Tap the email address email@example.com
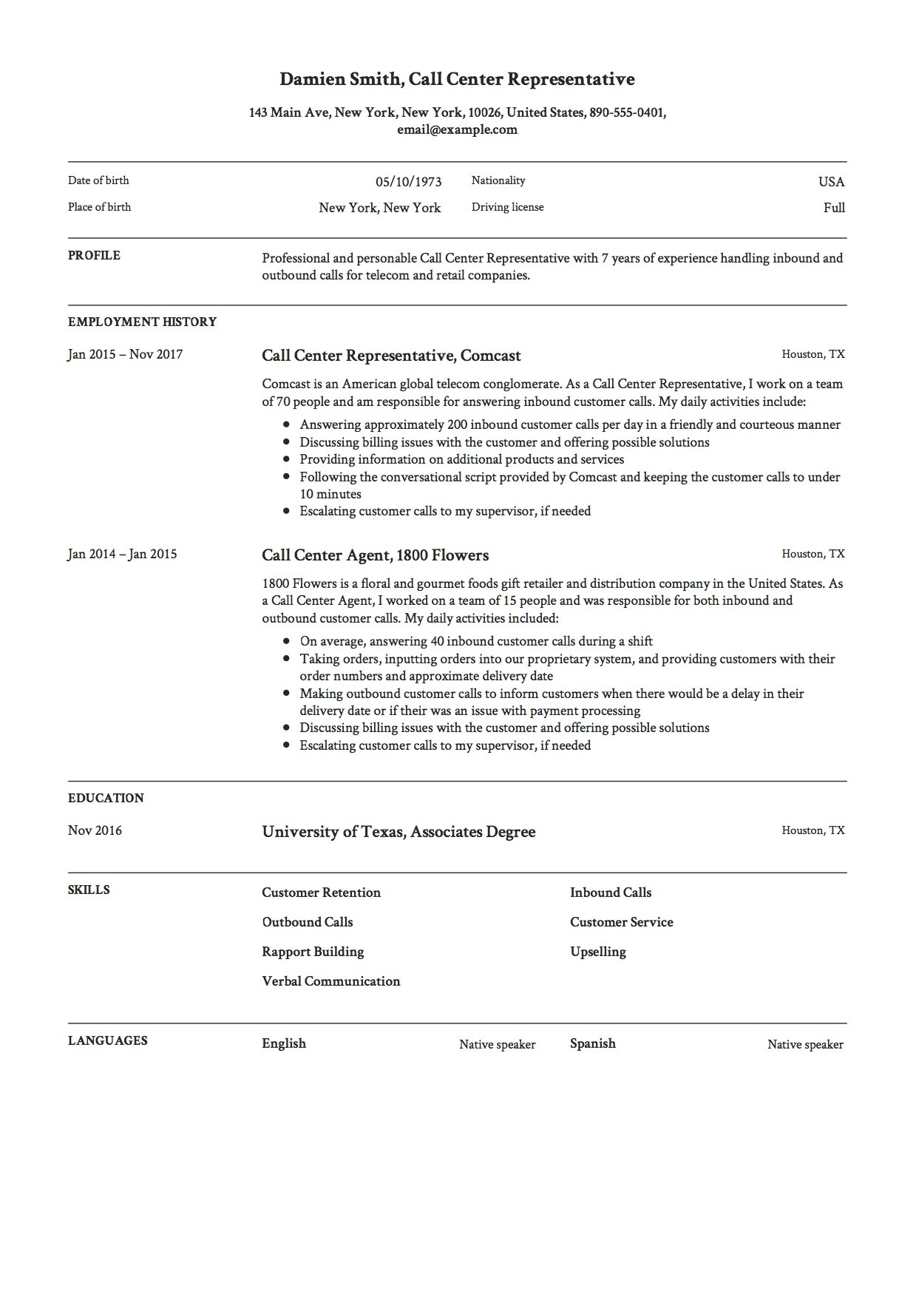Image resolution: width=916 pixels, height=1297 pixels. (x=457, y=129)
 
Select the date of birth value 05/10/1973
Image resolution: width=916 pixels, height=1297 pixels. (x=408, y=182)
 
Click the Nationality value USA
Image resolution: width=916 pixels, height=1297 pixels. (x=831, y=182)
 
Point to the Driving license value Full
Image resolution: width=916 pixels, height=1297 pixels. (x=834, y=208)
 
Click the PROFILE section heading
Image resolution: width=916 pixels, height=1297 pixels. (x=94, y=255)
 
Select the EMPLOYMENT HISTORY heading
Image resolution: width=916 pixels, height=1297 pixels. (x=142, y=322)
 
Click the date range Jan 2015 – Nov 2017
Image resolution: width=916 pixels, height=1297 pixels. (x=125, y=354)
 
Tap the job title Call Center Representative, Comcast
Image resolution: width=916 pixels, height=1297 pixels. (x=391, y=356)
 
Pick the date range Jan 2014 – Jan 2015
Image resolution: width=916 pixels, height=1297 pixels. (x=122, y=554)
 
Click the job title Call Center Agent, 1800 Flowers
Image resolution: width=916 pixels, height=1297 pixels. (x=375, y=555)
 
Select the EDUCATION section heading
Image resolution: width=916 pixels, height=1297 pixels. (x=106, y=798)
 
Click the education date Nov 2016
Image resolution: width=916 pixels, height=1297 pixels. (x=95, y=830)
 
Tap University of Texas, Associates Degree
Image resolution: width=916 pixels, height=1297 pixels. (x=398, y=832)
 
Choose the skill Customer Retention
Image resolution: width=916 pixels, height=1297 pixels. (x=321, y=893)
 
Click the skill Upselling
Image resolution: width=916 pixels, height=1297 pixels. (x=597, y=952)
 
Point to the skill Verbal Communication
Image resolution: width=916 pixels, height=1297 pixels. (x=330, y=981)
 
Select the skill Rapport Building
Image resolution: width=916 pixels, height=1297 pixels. (x=313, y=952)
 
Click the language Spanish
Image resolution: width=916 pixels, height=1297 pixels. (x=592, y=1043)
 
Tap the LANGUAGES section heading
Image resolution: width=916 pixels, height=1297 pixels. (x=107, y=1040)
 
